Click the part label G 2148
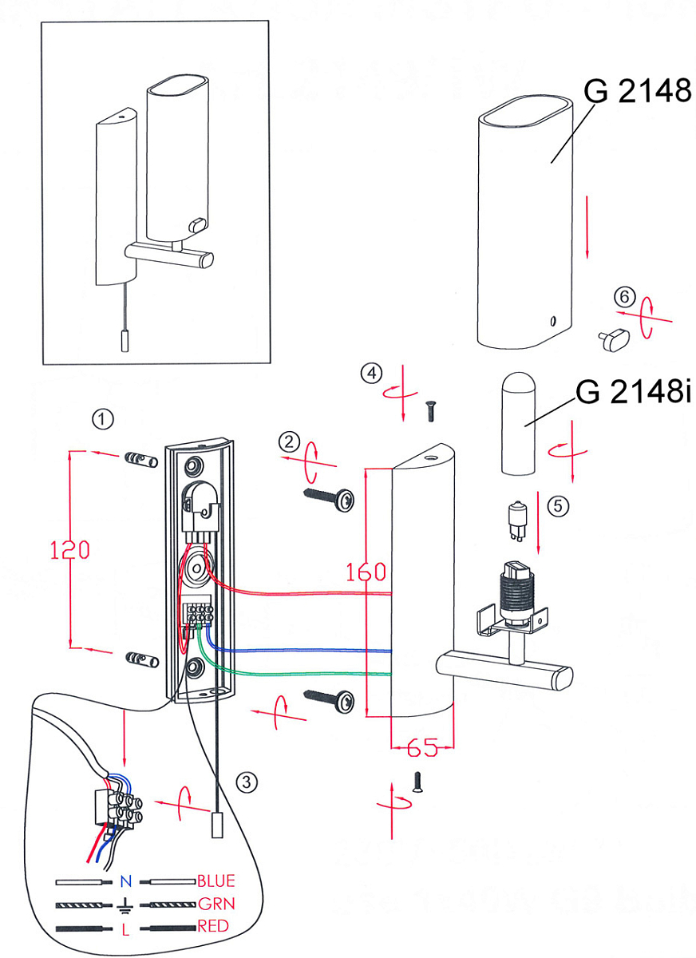click(x=637, y=91)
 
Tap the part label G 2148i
click(x=631, y=392)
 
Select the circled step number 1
click(x=102, y=418)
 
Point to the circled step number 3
click(x=248, y=782)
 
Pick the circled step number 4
click(x=370, y=372)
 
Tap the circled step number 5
click(x=557, y=505)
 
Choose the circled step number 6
click(x=624, y=297)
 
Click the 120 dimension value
click(x=69, y=550)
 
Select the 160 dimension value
click(x=366, y=572)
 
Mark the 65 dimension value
click(x=422, y=748)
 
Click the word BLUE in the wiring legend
click(x=216, y=881)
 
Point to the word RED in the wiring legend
click(x=213, y=927)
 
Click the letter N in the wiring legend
click(x=125, y=882)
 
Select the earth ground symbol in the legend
click(x=125, y=905)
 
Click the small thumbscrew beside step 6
click(x=613, y=338)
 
